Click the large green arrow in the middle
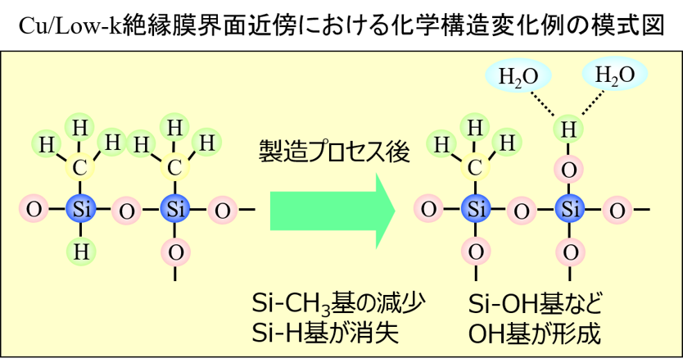click(x=332, y=211)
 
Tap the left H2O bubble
click(x=518, y=76)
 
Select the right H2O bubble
click(x=614, y=75)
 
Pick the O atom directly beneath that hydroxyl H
click(x=569, y=170)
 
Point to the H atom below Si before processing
click(x=81, y=252)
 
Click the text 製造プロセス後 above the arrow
click(x=334, y=152)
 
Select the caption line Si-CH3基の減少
click(x=338, y=302)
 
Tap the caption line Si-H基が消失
click(x=325, y=333)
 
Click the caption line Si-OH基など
click(x=535, y=303)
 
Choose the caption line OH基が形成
click(x=534, y=334)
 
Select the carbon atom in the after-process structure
click(x=475, y=167)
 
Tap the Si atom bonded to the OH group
click(x=570, y=209)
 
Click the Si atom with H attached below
click(x=81, y=209)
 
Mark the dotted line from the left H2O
click(x=542, y=104)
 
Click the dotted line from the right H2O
click(x=593, y=103)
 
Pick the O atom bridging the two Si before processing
click(x=127, y=211)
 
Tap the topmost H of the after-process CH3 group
click(x=475, y=128)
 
